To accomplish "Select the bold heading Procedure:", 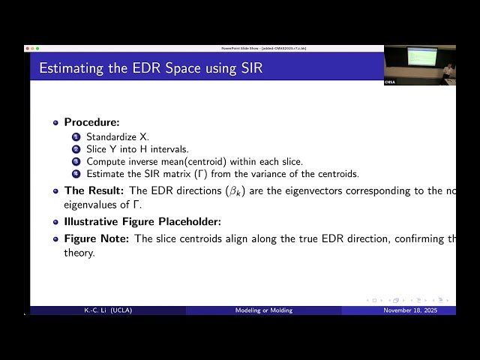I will coord(91,122).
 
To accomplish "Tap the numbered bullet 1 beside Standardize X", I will coord(76,137).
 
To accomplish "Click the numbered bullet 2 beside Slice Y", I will coord(76,149).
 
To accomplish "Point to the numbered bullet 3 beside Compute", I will coord(76,161).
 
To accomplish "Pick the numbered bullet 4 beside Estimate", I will coord(76,173).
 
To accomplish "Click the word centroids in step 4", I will coord(337,173).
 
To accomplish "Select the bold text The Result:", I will coord(94,190).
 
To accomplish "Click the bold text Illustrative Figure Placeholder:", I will coord(142,222).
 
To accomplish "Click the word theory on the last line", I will coord(79,253).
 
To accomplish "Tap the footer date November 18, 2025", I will coord(409,310).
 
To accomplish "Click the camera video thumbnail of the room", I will coord(419,64).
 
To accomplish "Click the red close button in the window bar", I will coord(28,48).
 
